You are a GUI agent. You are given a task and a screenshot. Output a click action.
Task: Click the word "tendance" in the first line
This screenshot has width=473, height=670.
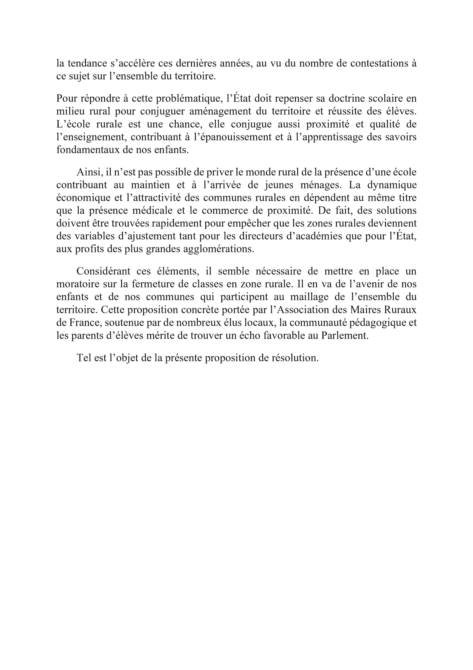pos(87,63)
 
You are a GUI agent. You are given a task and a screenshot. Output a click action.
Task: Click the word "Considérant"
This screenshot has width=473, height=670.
pos(103,271)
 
